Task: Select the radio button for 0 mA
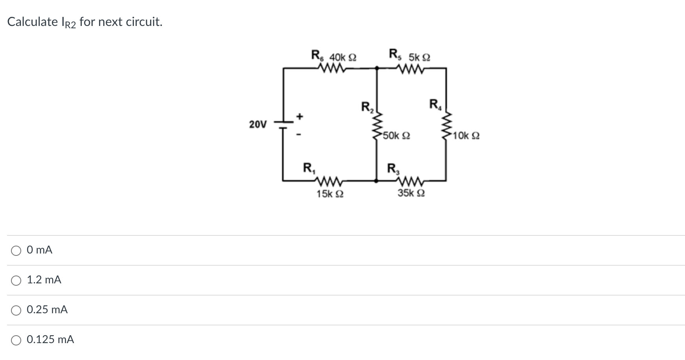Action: pos(16,251)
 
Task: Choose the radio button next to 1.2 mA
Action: pos(16,281)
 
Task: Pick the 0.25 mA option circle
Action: pos(16,310)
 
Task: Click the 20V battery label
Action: pos(258,125)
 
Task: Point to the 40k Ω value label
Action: pos(343,57)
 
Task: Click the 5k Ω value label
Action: pos(419,57)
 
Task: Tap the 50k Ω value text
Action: pos(396,136)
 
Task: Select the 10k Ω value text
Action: pos(466,136)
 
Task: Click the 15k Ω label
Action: pos(330,194)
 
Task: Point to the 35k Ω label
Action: pos(411,193)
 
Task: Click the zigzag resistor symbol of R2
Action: pos(377,125)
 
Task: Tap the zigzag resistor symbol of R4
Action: pos(446,125)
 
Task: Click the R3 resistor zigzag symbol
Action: pos(411,181)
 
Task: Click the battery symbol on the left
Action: pos(284,125)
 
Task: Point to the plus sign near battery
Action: pos(300,116)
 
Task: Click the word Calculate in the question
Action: pos(33,22)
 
